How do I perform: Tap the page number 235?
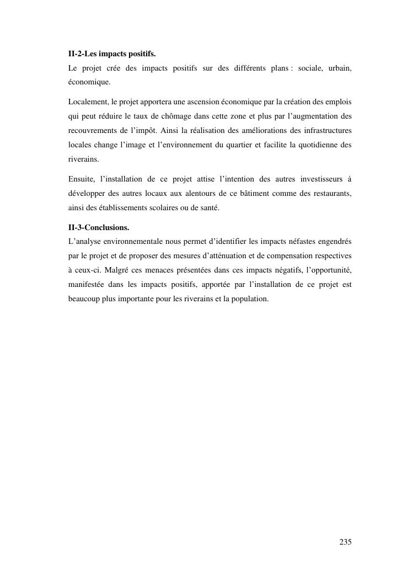pyautogui.click(x=345, y=541)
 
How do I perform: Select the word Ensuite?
pyautogui.click(x=81, y=179)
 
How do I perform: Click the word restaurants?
pyautogui.click(x=332, y=193)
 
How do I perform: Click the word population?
pyautogui.click(x=249, y=299)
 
